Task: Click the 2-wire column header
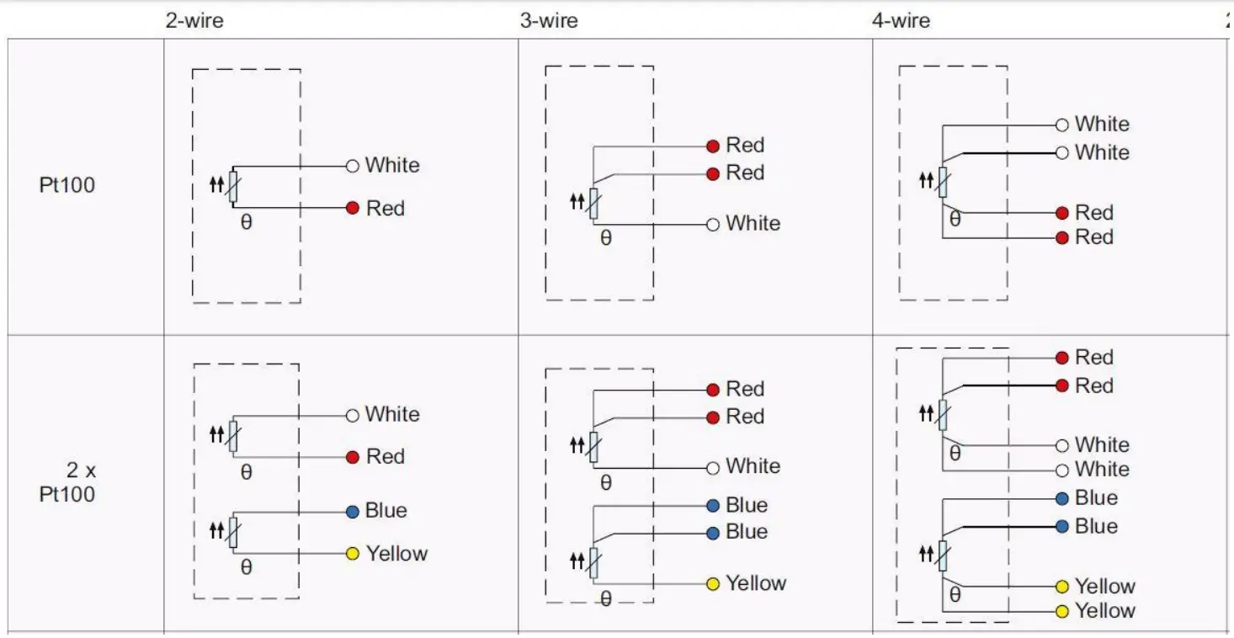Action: tap(194, 20)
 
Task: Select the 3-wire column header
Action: tap(549, 20)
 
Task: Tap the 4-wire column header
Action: tap(901, 20)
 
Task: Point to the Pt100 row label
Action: tap(67, 185)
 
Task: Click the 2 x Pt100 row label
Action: tap(68, 481)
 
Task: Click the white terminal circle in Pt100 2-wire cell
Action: tap(353, 166)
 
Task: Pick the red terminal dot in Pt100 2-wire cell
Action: tap(353, 208)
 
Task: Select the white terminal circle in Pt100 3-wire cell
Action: tap(713, 224)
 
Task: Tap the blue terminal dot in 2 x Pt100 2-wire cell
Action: tap(353, 512)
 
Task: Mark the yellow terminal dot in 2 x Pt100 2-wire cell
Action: tap(353, 554)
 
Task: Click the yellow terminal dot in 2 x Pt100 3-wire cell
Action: tap(713, 583)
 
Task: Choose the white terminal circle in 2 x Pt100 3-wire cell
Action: tap(713, 467)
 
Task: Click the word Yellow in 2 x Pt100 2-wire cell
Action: tap(396, 554)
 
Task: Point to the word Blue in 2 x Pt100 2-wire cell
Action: tap(386, 511)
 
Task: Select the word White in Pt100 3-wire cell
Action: tap(753, 224)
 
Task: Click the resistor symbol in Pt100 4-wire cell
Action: tap(943, 180)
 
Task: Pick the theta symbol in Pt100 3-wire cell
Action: tap(606, 239)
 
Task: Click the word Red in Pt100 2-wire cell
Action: tap(386, 208)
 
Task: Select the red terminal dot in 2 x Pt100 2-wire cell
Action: tap(353, 457)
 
